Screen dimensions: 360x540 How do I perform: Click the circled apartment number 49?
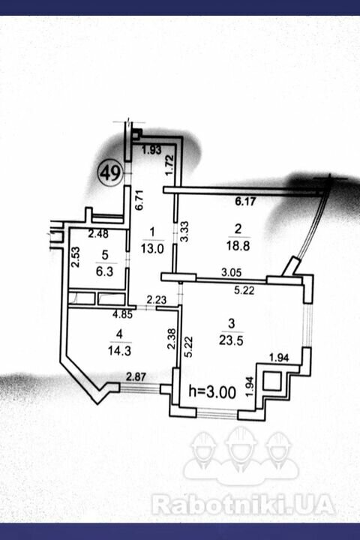point(110,172)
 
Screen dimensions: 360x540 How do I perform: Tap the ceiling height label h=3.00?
point(212,392)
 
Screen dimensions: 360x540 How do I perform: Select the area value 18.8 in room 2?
point(238,246)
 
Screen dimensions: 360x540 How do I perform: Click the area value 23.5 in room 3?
point(231,340)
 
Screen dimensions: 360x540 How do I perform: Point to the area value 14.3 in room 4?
point(119,351)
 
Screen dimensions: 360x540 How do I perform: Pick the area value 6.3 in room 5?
point(105,271)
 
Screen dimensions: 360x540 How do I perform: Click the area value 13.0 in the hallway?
point(152,248)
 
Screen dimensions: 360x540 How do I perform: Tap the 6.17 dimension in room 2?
point(245,201)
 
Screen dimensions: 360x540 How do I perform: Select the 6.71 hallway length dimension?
point(139,200)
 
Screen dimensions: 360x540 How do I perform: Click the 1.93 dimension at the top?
point(151,150)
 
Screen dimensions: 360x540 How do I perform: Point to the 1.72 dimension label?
point(169,166)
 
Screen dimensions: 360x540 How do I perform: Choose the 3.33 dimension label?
point(185,232)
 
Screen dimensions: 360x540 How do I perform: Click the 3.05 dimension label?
point(231,273)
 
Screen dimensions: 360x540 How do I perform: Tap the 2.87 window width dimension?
point(136,376)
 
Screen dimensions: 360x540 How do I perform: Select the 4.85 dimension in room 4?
point(123,314)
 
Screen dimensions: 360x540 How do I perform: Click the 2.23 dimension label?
point(157,299)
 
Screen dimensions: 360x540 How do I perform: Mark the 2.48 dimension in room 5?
point(98,234)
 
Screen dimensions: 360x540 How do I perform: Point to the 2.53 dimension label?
point(76,256)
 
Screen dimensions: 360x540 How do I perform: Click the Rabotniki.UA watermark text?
point(243,505)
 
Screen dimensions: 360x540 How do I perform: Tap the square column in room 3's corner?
point(272,381)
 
